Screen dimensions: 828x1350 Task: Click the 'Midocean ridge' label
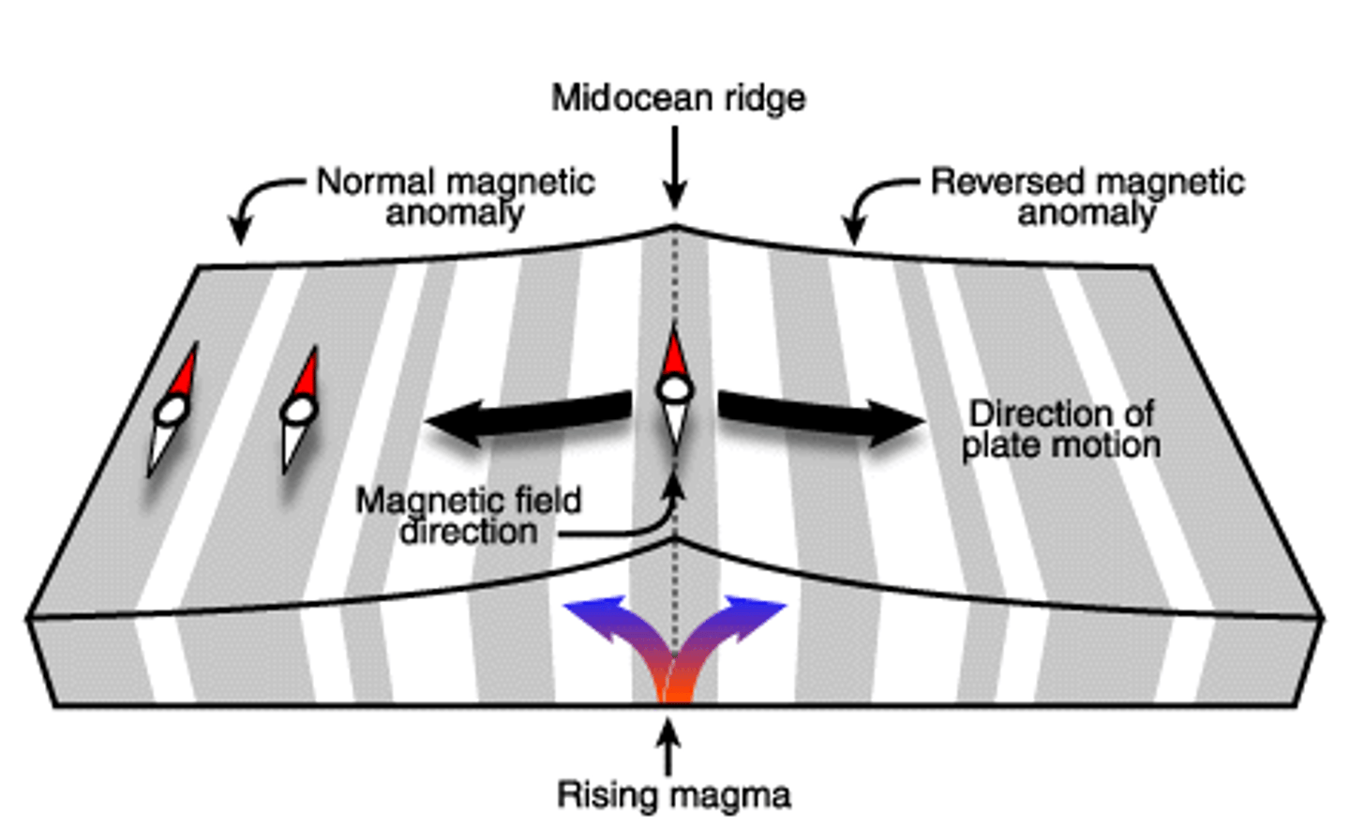point(678,98)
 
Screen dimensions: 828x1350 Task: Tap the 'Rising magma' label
point(674,794)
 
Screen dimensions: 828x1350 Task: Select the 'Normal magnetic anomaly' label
point(455,197)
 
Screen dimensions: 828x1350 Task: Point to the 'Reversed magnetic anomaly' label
point(1087,197)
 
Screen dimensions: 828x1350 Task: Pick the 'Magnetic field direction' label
point(468,516)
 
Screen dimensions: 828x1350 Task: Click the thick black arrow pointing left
point(525,418)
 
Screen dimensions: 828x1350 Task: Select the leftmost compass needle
point(172,410)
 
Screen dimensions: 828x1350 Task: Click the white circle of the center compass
point(675,389)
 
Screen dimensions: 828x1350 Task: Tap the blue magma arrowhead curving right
point(759,615)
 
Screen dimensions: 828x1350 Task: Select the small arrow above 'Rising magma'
point(667,745)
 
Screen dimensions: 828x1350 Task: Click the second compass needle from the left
point(299,410)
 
